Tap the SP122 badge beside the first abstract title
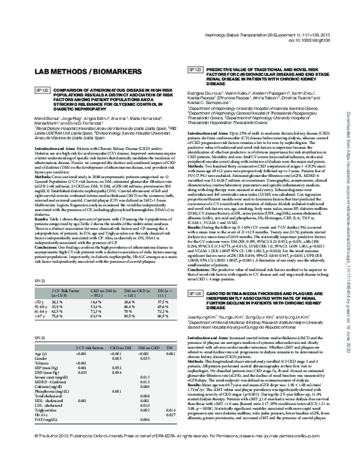tap(26, 90)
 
